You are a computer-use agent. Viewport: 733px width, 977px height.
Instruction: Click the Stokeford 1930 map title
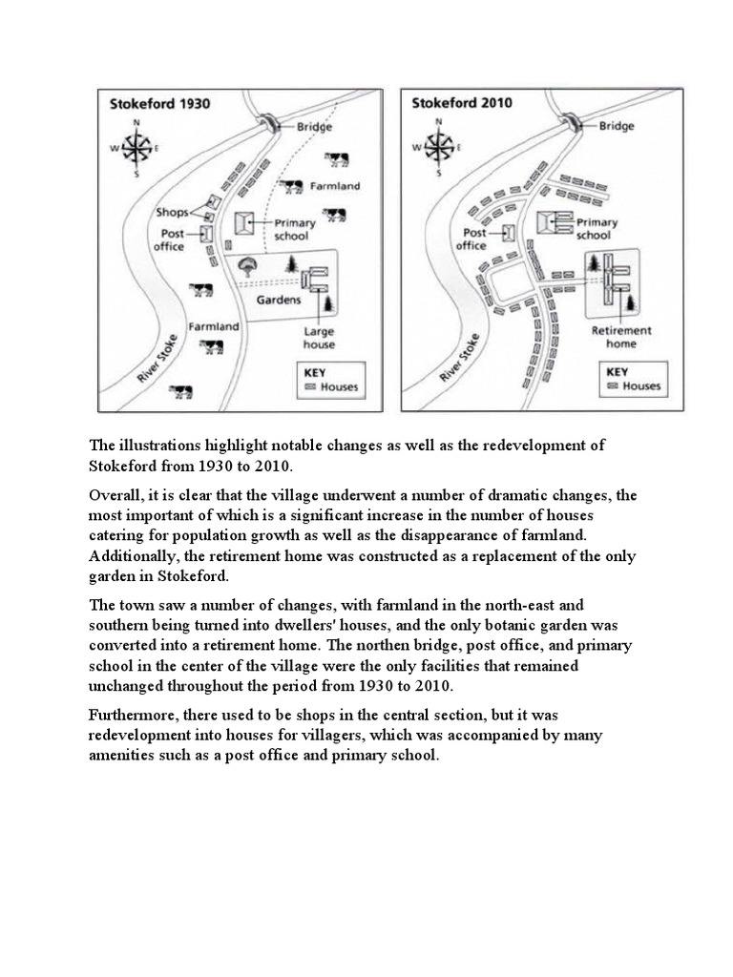159,103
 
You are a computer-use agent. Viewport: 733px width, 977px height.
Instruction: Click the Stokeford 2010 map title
461,103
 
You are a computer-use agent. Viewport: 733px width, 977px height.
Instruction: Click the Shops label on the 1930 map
173,212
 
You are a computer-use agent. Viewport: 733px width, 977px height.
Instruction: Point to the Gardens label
278,299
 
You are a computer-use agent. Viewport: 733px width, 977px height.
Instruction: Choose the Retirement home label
621,337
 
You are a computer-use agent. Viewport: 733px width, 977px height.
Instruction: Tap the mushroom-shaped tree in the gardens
248,266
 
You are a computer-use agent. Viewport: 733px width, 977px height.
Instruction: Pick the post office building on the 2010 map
509,232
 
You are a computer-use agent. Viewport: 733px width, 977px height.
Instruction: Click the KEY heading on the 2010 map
618,370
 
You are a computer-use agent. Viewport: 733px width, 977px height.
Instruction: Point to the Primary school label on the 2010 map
597,228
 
